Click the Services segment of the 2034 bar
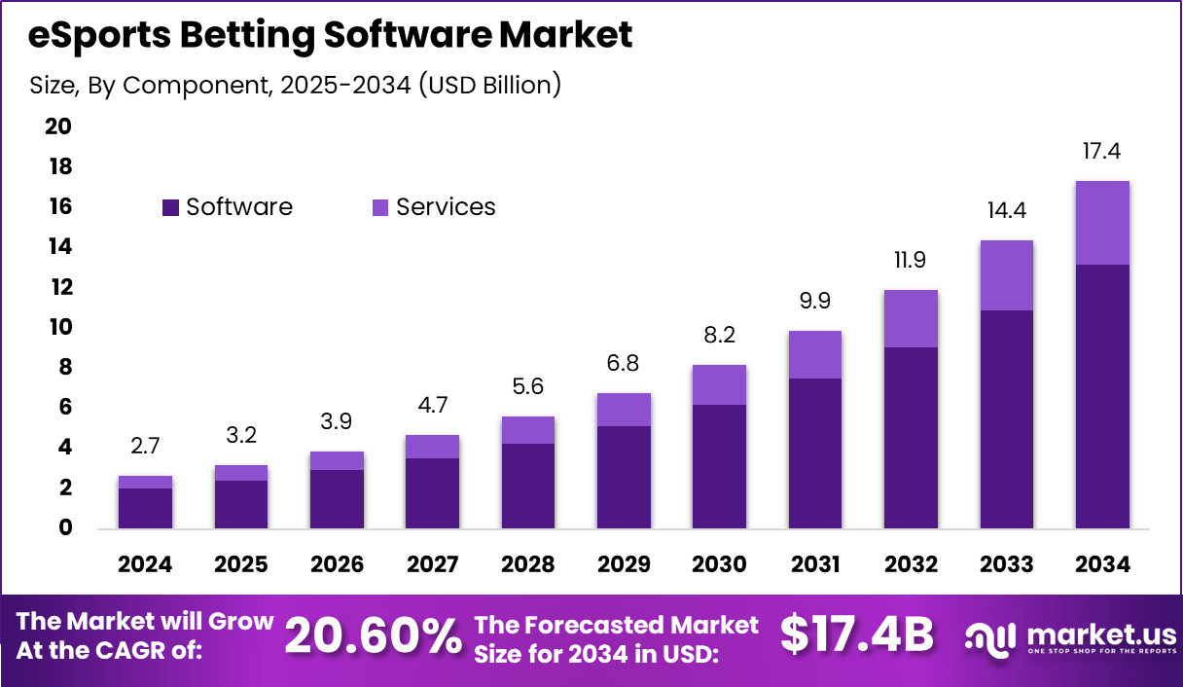1102,223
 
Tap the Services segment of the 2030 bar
720,384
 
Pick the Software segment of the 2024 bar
146,508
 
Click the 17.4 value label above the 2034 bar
1102,151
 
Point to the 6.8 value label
624,363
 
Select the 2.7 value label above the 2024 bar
146,447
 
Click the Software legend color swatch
171,207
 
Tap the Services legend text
446,207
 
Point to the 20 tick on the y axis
58,127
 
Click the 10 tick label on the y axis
58,327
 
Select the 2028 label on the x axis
528,564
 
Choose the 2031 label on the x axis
815,564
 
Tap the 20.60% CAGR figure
373,637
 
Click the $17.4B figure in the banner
857,635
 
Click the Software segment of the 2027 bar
433,492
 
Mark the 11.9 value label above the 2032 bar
911,261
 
